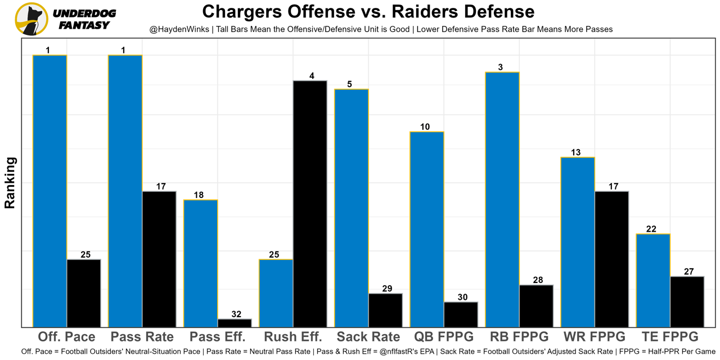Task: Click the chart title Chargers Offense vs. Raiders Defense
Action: (368, 11)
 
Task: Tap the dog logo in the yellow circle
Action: (31, 19)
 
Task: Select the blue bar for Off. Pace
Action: (50, 191)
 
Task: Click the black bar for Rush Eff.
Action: (310, 204)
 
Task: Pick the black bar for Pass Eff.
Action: (235, 323)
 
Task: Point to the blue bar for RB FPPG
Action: (502, 200)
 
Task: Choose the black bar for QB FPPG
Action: (461, 314)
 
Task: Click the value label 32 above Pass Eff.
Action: (236, 314)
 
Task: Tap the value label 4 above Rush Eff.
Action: (312, 76)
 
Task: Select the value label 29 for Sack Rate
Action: (387, 289)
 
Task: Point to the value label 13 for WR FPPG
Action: (575, 152)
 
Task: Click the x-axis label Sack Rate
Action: (368, 337)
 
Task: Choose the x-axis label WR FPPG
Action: (594, 337)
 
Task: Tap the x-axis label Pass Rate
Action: (142, 337)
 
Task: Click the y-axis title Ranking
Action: (10, 183)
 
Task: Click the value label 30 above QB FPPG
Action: (462, 297)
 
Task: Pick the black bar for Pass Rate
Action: (159, 259)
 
